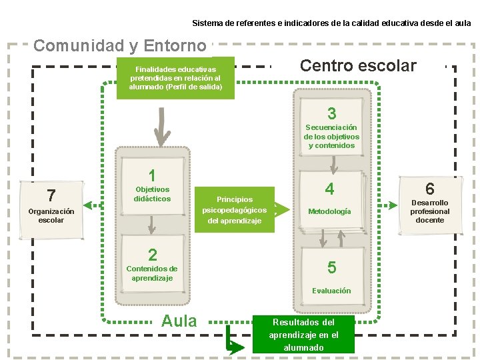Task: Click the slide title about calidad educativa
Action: [x=331, y=23]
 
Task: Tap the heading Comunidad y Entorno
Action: [x=120, y=46]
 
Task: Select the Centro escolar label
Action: [x=358, y=65]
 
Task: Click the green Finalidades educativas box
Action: [x=176, y=78]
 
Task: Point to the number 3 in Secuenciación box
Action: [x=331, y=113]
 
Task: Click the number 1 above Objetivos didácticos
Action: [x=153, y=176]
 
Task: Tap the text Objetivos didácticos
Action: [x=152, y=194]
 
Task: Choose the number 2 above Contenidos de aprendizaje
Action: [x=153, y=255]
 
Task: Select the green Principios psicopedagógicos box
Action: [x=235, y=209]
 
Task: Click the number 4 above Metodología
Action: [x=329, y=190]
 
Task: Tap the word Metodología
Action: [x=329, y=211]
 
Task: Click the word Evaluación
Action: [x=331, y=291]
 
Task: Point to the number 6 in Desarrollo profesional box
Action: [x=430, y=189]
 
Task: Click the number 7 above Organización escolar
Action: [x=51, y=195]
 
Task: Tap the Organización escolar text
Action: [x=51, y=215]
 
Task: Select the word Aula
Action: [x=179, y=321]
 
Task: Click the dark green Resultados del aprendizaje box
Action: [x=303, y=334]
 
